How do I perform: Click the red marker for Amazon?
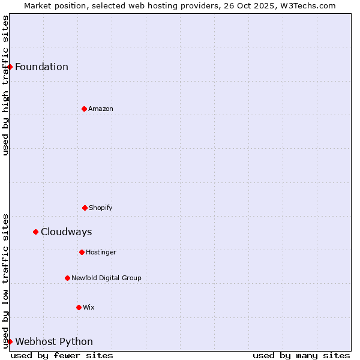pos(84,109)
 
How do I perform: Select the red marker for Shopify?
pos(85,208)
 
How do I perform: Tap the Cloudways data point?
pos(35,232)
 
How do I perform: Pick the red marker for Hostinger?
pos(82,252)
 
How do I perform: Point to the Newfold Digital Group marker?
pos(67,278)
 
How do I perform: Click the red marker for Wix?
pos(79,307)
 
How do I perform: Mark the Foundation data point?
pos(10,67)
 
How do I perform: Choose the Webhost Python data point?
pos(10,341)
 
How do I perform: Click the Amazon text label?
pos(101,109)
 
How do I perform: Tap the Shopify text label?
pos(101,208)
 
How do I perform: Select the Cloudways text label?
pos(67,232)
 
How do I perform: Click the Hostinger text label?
pos(101,252)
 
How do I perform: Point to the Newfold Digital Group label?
pos(106,278)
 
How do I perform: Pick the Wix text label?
pos(89,307)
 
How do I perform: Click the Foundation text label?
pos(42,67)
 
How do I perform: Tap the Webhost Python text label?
pos(54,341)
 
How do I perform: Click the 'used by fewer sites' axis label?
pos(62,355)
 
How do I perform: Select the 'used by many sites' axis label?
pos(301,355)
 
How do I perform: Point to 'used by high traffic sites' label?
pos(5,85)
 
